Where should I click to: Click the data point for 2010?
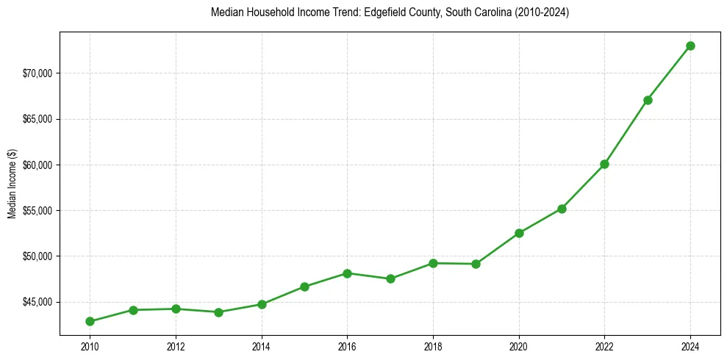[90, 321]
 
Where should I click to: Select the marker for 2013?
[218, 312]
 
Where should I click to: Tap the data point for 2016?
[347, 273]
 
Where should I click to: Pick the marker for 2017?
[390, 278]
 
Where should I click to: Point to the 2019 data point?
[476, 264]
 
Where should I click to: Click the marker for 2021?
[562, 209]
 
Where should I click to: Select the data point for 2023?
[648, 100]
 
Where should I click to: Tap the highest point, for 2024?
[690, 46]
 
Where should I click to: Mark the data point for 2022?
[604, 164]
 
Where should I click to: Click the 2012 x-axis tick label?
[175, 345]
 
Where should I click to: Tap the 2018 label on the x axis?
[433, 345]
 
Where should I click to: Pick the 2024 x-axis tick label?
[690, 345]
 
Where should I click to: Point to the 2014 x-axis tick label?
[261, 345]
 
